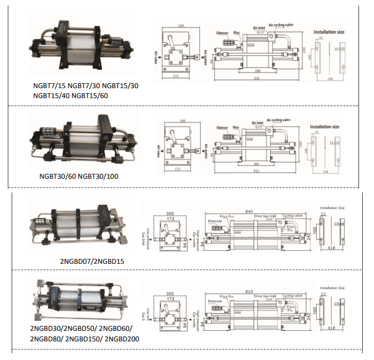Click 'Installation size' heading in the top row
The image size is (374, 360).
coord(329,30)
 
